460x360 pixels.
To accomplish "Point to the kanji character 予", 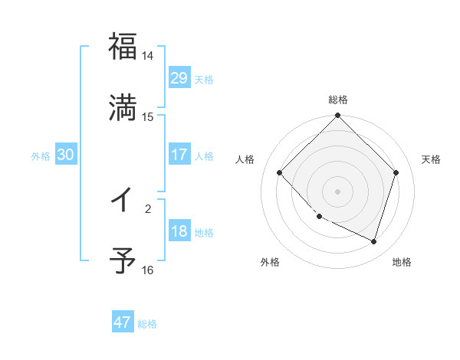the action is [123, 260].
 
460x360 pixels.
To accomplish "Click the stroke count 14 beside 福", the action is [147, 56].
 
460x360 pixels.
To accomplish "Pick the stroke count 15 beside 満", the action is [147, 117].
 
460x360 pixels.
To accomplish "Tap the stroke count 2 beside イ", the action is [148, 207].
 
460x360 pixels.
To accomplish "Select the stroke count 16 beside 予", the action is [147, 270].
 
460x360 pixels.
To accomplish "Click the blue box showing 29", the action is [179, 78].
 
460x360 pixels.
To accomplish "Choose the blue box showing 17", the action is [179, 155].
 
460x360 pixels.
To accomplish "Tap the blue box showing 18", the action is [179, 231].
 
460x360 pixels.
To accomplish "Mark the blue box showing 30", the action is [65, 155].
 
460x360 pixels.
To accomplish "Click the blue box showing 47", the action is [123, 322].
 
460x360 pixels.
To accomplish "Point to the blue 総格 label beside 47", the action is [147, 324].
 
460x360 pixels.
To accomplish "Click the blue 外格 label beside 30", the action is [41, 156].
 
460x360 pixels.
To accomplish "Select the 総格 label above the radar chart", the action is [337, 100].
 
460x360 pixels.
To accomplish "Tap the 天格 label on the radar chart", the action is [431, 159].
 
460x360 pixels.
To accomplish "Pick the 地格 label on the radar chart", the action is [402, 263].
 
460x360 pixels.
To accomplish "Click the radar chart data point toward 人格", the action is [280, 172].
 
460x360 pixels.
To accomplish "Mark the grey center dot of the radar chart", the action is [337, 191].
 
